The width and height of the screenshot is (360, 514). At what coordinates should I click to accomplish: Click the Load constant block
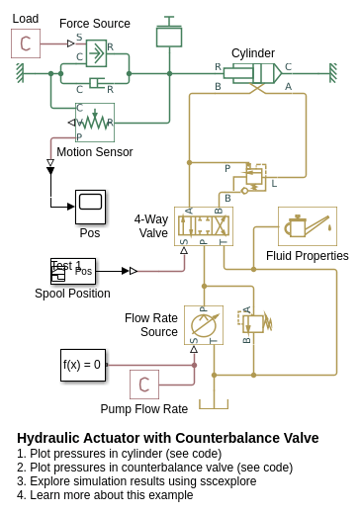pos(26,43)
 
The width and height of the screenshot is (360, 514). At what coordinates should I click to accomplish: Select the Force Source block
pos(96,53)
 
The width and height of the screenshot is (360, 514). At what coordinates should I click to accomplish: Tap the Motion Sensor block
pos(95,123)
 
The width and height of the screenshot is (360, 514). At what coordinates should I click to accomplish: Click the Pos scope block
pos(90,208)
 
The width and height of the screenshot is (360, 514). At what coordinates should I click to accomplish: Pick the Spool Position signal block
pos(73,271)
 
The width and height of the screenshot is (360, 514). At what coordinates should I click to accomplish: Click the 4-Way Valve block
pos(204,226)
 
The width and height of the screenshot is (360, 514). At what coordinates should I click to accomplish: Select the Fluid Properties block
pos(308,226)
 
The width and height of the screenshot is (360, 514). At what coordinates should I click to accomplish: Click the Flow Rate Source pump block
pos(204,325)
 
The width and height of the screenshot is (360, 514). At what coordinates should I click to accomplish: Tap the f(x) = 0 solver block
pos(83,365)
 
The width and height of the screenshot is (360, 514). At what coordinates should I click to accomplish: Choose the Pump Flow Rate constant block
pos(144,385)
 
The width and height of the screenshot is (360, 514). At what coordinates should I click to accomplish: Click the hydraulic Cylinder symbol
pos(252,73)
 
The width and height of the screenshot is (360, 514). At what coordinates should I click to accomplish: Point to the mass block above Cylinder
pos(169,32)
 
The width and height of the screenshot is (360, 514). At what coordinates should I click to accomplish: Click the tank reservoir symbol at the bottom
pos(214,404)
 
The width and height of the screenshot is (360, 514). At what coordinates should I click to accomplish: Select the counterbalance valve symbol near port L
pos(255,178)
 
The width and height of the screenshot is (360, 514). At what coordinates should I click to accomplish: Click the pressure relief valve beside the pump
pos(255,324)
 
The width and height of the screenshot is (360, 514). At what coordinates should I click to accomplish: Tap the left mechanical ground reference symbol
pos(21,73)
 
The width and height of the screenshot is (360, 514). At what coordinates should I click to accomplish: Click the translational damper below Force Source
pos(96,83)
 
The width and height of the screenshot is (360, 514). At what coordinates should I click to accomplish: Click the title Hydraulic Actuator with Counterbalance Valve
pos(168,438)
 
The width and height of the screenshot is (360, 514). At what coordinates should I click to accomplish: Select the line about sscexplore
pos(136,481)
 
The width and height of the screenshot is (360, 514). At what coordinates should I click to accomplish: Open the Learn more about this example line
pos(105,495)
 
